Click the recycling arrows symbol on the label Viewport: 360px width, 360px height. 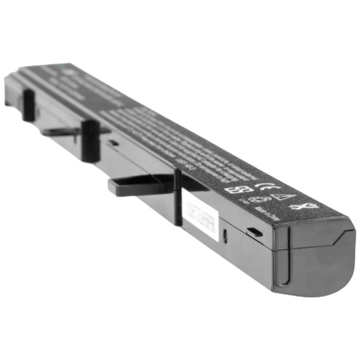(257, 199)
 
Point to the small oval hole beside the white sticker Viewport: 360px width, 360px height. (225, 236)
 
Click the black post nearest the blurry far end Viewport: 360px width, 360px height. (28, 105)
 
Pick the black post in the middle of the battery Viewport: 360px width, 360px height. (90, 140)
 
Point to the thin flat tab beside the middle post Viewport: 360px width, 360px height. (61, 131)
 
